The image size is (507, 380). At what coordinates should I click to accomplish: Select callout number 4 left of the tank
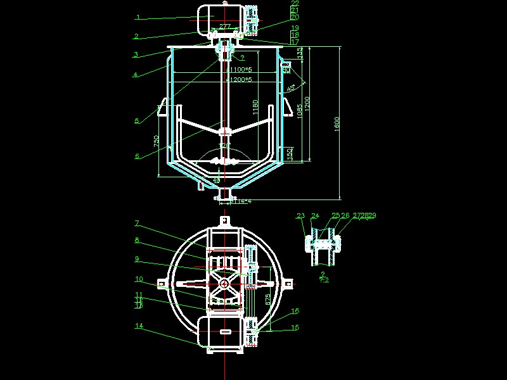coord(136,75)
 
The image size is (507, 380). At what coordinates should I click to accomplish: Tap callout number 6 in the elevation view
coord(136,156)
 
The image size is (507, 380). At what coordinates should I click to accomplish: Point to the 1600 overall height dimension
coord(336,123)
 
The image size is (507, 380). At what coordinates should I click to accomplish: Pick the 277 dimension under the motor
coord(224,27)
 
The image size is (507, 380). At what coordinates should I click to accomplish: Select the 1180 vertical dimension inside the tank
coord(255,106)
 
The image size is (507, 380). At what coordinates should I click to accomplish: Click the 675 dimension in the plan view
coord(268,297)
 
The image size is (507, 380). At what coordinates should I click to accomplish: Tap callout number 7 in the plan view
coord(136,223)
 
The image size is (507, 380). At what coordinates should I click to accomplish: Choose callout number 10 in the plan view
coord(138,279)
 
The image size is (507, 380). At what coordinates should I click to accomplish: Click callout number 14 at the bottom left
coord(138,326)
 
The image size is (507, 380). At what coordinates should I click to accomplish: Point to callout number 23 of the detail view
coord(300,217)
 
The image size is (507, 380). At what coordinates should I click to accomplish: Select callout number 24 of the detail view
coord(315,217)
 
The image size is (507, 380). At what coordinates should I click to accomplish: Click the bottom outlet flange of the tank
coord(225,198)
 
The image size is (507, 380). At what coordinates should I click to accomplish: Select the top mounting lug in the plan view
coord(224,221)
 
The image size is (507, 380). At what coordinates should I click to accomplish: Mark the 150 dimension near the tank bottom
coord(289,153)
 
